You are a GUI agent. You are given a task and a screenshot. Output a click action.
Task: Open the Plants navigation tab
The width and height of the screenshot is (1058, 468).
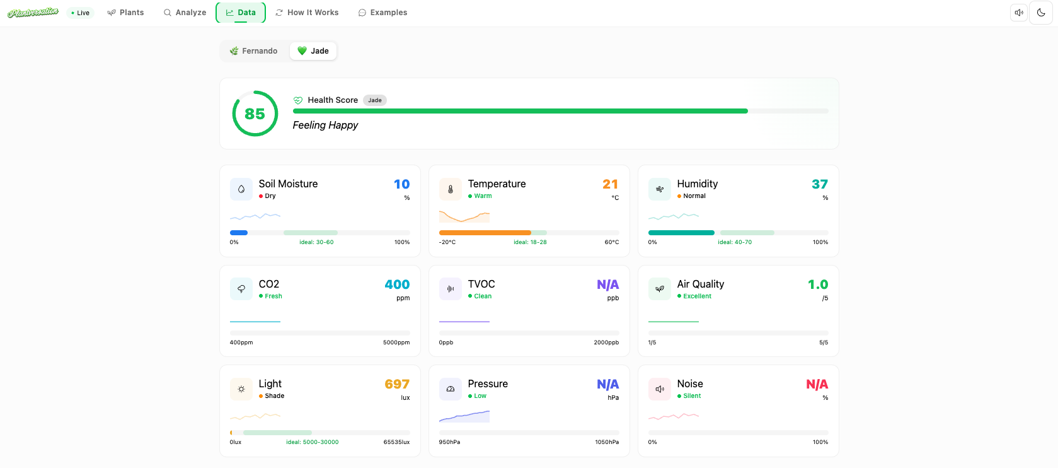click(x=125, y=13)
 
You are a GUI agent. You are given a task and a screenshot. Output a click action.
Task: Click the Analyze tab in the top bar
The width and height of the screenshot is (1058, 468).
click(x=185, y=13)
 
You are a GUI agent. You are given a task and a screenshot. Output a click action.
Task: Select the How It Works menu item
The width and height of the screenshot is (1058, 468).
click(x=307, y=13)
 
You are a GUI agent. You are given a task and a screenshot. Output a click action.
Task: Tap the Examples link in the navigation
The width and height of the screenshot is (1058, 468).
click(x=382, y=13)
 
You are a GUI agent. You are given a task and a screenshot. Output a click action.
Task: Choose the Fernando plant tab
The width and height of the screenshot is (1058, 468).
click(x=253, y=51)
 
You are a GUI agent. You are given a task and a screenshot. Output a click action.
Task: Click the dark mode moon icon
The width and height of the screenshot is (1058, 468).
click(x=1041, y=13)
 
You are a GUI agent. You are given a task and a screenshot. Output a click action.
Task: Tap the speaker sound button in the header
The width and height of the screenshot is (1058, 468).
click(x=1019, y=13)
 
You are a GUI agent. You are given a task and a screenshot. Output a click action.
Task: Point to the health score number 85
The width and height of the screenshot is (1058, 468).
click(x=255, y=114)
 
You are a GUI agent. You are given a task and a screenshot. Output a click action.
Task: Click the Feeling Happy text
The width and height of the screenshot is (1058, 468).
click(x=325, y=126)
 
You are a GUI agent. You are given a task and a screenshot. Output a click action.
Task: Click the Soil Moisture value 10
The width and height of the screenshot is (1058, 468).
click(x=401, y=184)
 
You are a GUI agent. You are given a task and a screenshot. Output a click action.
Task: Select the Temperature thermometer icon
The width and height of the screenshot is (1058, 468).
click(x=451, y=189)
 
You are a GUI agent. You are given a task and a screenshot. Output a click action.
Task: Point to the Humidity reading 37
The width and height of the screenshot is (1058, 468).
click(x=819, y=184)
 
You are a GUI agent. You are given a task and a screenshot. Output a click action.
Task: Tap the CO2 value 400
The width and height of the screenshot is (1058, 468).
click(x=397, y=284)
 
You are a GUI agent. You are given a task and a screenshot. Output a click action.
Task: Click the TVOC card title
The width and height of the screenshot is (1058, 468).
click(x=481, y=284)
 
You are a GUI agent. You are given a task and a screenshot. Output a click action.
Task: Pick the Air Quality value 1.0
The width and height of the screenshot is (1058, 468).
click(x=818, y=284)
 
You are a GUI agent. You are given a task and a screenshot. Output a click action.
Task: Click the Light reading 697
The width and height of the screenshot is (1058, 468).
click(x=397, y=384)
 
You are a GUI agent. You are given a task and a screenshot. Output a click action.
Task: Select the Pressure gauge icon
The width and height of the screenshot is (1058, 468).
click(x=451, y=389)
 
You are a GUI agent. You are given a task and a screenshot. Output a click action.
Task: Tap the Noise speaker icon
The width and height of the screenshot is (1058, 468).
click(x=660, y=389)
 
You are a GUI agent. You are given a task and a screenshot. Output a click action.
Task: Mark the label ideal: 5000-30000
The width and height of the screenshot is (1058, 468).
click(x=313, y=442)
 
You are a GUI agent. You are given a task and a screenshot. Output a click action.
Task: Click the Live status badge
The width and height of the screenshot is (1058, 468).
click(x=80, y=13)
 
